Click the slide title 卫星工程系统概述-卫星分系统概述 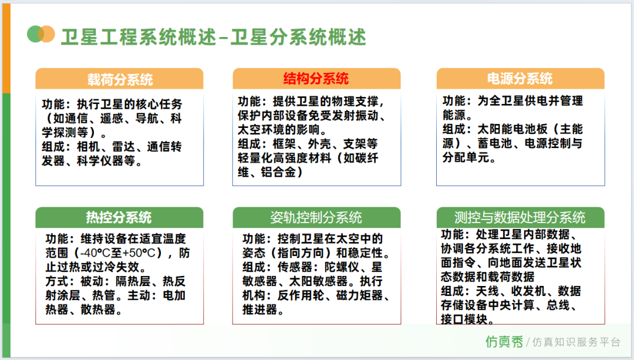(x=214, y=37)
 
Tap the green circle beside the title (x=35, y=34)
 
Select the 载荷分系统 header (x=120, y=79)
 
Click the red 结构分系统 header (x=316, y=79)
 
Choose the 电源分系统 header (x=520, y=79)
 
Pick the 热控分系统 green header (x=119, y=218)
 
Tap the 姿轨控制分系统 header (x=316, y=218)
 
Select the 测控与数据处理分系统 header (x=520, y=218)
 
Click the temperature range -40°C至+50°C (x=117, y=253)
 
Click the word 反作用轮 (x=301, y=295)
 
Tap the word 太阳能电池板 (x=512, y=129)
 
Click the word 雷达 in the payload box (x=124, y=146)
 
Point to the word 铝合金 (x=278, y=172)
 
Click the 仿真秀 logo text (x=504, y=342)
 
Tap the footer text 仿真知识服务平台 (x=576, y=342)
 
